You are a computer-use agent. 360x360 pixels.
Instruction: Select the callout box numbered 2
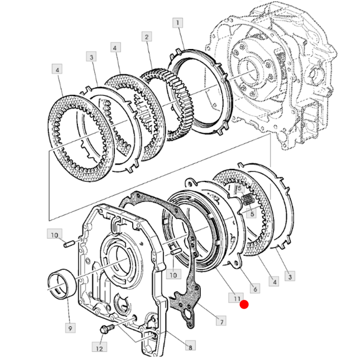(x=146, y=37)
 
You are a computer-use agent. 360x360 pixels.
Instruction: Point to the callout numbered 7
(x=220, y=321)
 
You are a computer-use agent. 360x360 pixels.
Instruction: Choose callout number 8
(x=190, y=347)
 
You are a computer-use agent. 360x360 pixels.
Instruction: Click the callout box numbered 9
(x=70, y=328)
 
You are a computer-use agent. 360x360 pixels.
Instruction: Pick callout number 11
(x=235, y=298)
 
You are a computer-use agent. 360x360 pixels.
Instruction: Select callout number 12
(x=99, y=347)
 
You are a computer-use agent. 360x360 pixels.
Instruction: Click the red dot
(x=244, y=305)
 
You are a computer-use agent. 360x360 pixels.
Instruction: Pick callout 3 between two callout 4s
(x=91, y=57)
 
